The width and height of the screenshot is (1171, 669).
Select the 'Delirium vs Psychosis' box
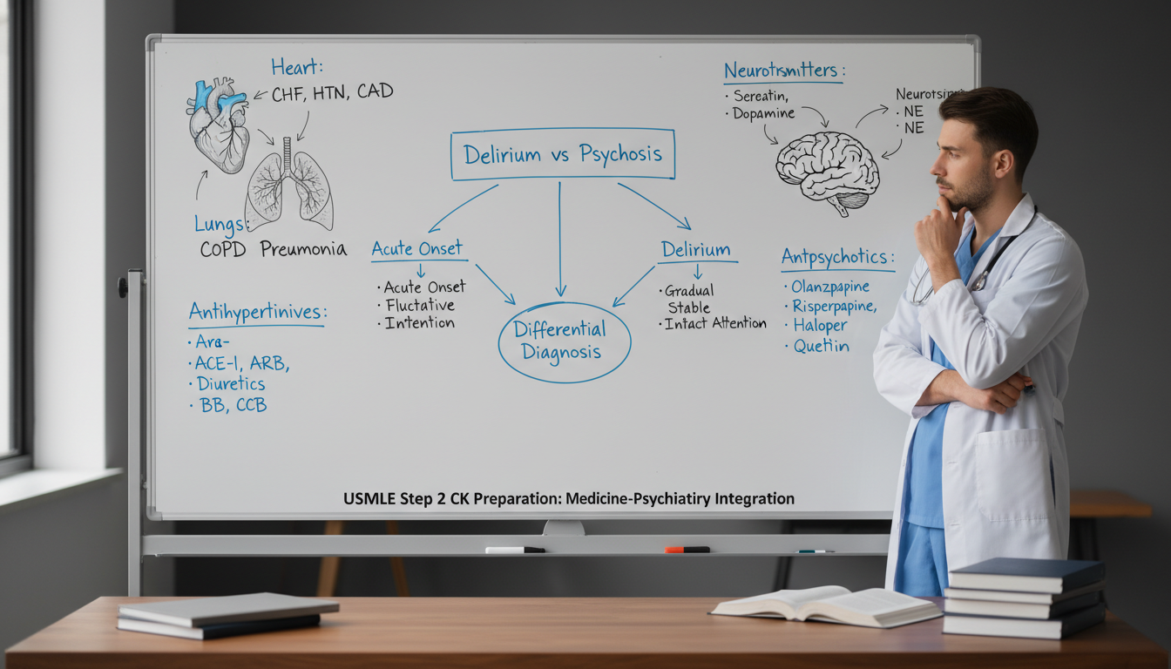[563, 154]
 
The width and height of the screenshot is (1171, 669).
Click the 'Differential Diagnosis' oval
[564, 341]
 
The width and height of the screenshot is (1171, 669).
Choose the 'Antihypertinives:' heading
[257, 312]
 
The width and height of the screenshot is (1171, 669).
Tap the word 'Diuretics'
[230, 383]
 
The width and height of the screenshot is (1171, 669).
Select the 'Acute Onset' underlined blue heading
[417, 248]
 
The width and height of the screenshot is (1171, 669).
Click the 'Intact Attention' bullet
[715, 323]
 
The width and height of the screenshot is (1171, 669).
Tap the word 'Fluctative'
[420, 305]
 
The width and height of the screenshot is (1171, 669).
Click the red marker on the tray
[687, 550]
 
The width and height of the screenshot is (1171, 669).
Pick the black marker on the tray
[515, 550]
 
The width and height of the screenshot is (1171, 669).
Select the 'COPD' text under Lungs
[223, 249]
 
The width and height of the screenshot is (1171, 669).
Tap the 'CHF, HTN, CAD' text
[332, 91]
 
